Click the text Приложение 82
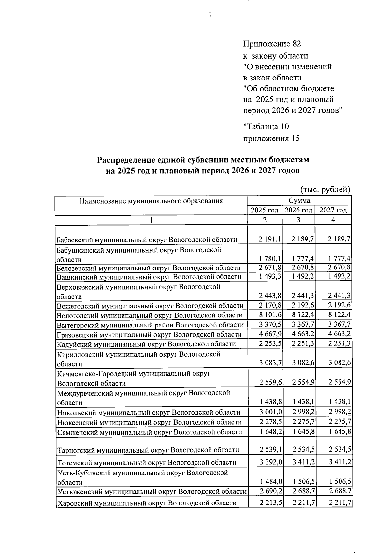[x=272, y=44]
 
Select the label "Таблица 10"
[x=266, y=126]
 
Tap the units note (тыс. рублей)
[x=325, y=189]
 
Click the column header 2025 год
[x=265, y=211]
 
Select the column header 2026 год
[x=298, y=211]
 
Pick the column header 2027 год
[x=333, y=211]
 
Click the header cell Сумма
[x=299, y=201]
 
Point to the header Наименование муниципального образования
[x=151, y=201]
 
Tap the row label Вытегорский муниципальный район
[x=150, y=325]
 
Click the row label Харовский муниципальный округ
[x=147, y=512]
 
